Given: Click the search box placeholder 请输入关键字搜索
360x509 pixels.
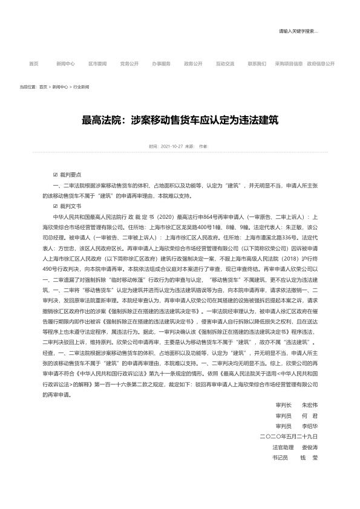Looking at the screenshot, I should [298, 31].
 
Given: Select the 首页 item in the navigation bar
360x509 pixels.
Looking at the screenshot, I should [34, 63].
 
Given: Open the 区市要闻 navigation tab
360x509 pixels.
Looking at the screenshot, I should [97, 63].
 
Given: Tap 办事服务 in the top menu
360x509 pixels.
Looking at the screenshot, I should [161, 63].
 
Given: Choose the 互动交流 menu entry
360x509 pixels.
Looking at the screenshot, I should [225, 63].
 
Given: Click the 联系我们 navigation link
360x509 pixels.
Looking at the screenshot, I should [257, 63].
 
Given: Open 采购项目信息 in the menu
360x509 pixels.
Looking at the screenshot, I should [289, 63].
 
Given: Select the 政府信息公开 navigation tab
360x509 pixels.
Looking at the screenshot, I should [320, 63].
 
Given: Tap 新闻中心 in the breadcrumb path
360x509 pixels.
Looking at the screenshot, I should [60, 87].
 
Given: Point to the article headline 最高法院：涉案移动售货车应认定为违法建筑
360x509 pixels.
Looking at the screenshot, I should [180, 120].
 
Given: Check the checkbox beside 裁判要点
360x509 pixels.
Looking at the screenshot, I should [55, 173].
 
